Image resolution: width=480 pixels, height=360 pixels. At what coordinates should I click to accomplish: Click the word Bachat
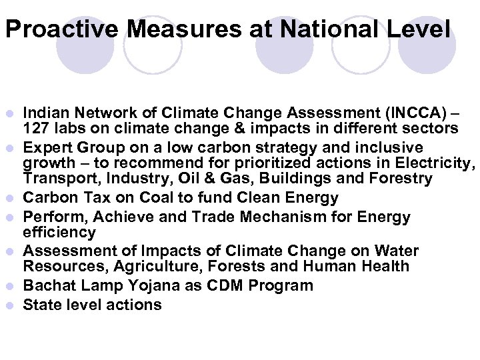tap(49, 286)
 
